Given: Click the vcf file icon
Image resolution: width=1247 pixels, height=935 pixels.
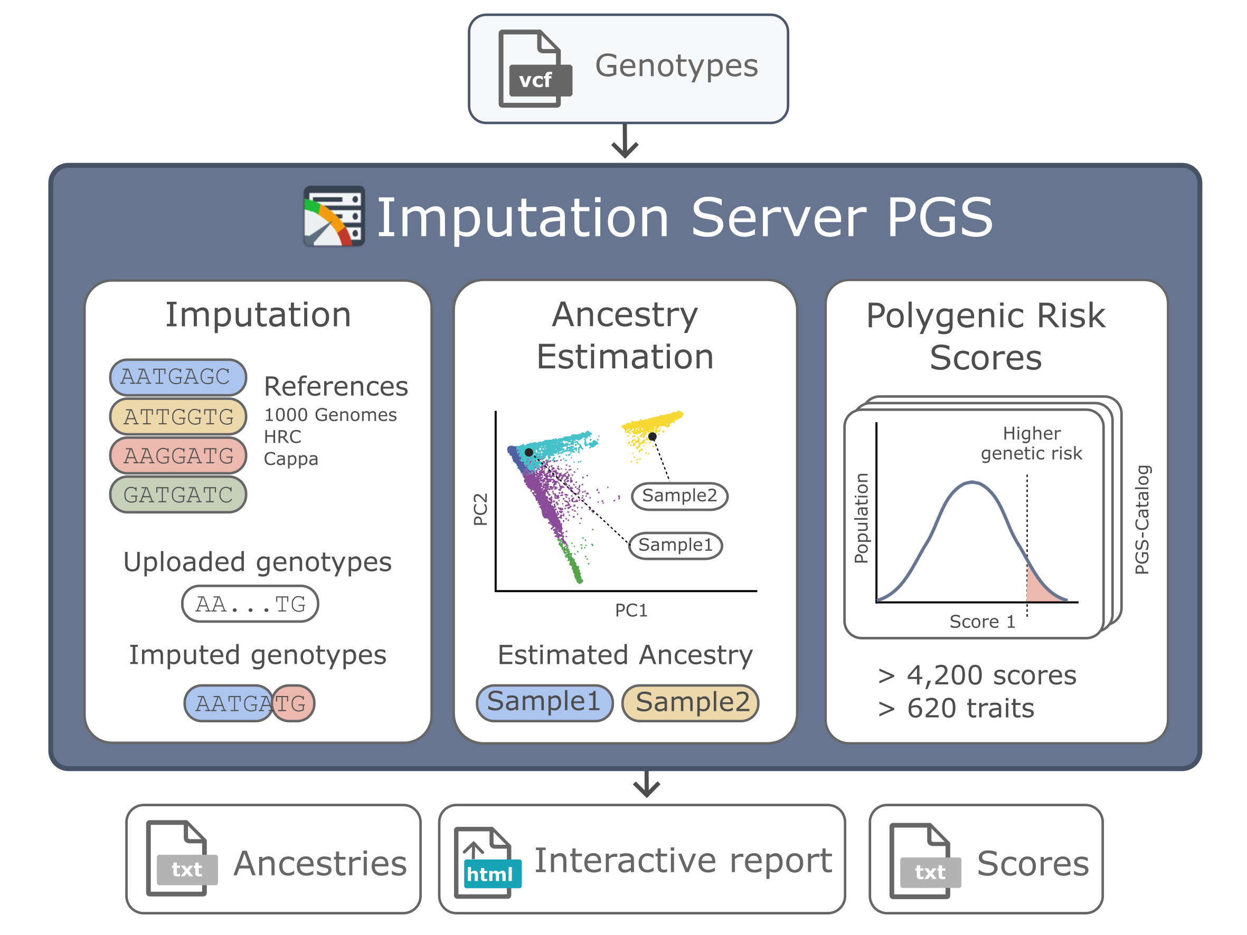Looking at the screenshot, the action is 534,68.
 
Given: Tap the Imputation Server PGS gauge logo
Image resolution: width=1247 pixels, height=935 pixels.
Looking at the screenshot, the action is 334,216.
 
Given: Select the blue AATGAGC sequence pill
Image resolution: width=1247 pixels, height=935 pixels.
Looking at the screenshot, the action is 177,376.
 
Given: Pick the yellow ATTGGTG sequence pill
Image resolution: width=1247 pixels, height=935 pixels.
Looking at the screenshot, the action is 177,416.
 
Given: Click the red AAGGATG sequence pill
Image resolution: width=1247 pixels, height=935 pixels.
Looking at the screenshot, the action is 177,455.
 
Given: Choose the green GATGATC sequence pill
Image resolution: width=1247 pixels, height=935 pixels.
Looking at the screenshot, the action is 177,494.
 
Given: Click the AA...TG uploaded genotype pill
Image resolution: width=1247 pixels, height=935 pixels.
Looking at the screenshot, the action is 250,604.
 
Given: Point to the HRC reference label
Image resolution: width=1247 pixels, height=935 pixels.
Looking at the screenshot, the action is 282,437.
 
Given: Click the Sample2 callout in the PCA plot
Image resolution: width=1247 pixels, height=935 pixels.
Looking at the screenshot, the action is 679,496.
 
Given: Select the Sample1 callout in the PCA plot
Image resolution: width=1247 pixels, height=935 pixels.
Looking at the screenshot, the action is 675,545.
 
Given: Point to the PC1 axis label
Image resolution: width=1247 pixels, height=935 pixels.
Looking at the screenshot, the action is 631,610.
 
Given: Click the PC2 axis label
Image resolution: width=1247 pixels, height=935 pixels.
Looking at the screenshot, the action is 480,509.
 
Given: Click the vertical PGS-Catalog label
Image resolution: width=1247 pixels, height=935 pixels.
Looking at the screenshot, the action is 1142,520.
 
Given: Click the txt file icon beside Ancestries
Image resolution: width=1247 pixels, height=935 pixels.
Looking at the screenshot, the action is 181,858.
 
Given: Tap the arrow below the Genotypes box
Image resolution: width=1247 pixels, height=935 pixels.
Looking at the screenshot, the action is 625,140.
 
